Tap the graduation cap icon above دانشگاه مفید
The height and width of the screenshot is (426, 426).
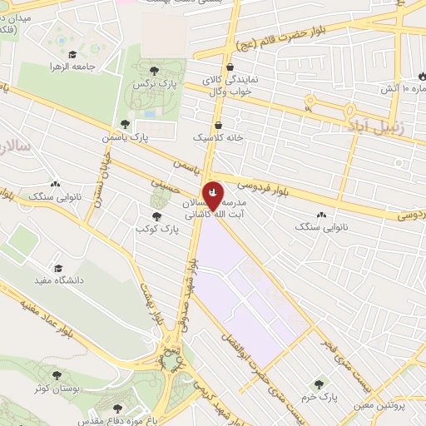click(x=58, y=268)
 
